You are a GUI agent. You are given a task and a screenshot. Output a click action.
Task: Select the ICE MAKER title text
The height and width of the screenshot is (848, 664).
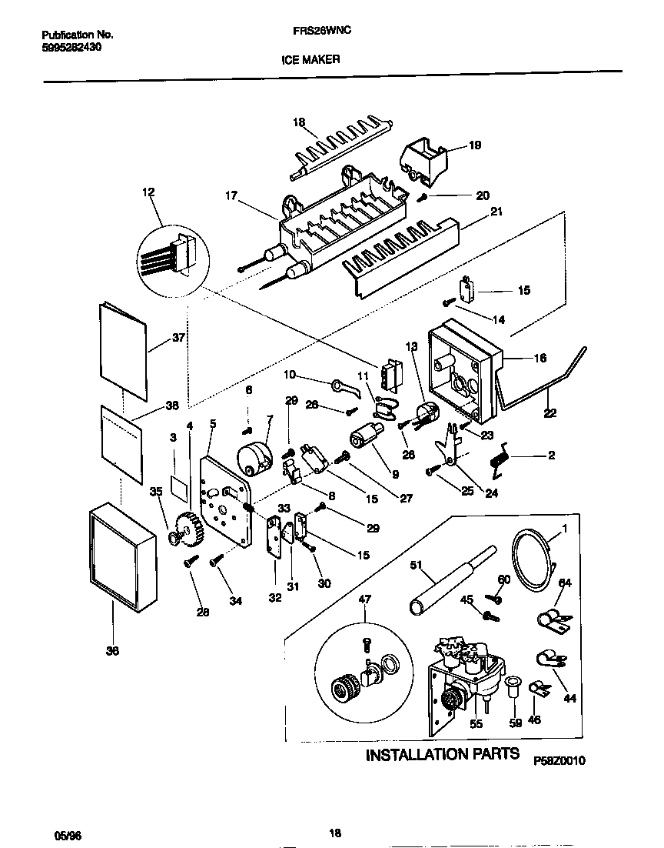coord(315,58)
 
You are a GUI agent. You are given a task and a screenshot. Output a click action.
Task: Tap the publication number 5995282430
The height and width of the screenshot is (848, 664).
coord(71,47)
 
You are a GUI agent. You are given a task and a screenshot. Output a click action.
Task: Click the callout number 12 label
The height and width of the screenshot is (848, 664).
coord(148,192)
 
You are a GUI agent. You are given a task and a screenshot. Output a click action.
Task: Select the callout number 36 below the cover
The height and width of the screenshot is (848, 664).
coord(113,650)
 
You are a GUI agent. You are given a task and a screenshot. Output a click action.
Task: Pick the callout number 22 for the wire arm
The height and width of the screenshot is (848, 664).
coord(549,412)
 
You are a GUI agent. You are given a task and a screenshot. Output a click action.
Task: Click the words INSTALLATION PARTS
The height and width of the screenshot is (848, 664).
coord(442,754)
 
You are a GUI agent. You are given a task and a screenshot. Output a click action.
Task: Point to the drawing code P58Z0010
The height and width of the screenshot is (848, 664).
coord(560,760)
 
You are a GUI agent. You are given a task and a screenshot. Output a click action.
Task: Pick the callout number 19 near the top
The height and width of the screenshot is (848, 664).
coord(475,145)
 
